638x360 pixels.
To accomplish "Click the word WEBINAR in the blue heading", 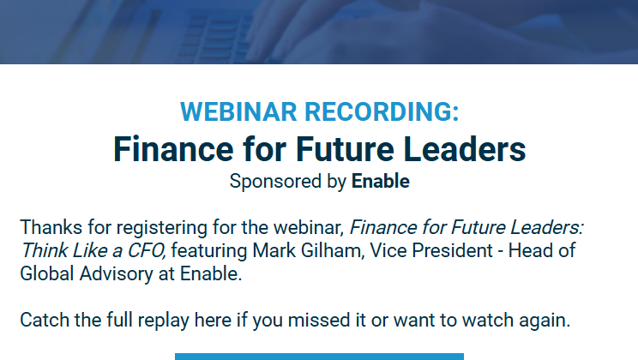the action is [x=238, y=111].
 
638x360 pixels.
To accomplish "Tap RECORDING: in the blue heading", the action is [x=382, y=111].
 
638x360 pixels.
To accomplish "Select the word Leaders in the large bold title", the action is [x=464, y=149].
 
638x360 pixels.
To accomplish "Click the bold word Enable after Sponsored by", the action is [x=381, y=181].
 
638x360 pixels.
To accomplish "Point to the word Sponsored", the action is [x=275, y=182].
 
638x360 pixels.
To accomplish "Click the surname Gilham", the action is [x=331, y=250].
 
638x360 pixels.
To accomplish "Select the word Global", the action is [x=47, y=273].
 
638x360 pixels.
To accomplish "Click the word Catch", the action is [x=45, y=320].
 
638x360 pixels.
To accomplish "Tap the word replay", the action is [x=163, y=321].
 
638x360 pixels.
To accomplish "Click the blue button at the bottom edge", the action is [x=319, y=357].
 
